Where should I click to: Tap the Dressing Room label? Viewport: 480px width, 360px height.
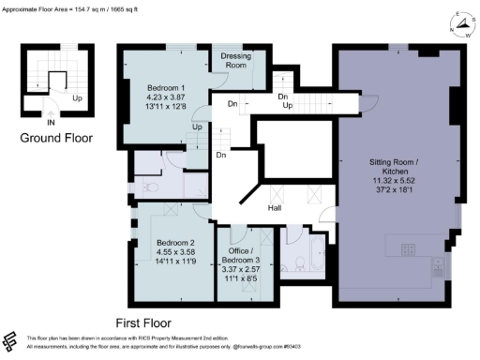[235, 61]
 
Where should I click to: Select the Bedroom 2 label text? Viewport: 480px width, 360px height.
[172, 242]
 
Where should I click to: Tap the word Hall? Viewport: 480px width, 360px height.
[275, 208]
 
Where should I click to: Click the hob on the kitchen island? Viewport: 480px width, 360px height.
[410, 248]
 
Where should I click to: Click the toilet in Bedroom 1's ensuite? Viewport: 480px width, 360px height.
[150, 186]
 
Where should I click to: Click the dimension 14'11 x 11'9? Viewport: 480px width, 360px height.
[172, 262]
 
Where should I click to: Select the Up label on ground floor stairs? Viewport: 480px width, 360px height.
[76, 97]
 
